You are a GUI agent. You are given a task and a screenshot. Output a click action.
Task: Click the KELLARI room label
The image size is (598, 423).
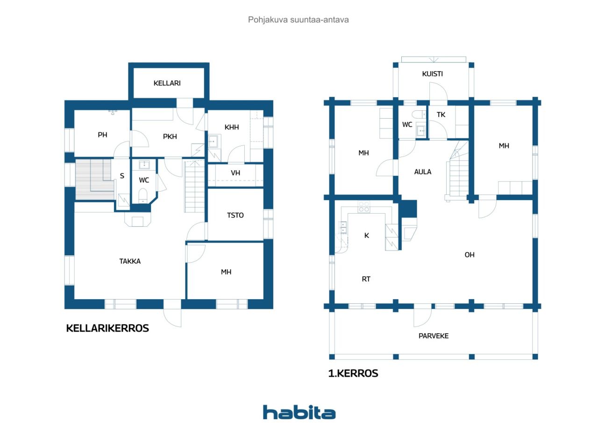[167, 83]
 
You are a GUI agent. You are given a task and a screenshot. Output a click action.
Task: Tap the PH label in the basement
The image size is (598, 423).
[102, 135]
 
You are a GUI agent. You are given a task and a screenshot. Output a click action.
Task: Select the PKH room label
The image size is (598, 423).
[170, 137]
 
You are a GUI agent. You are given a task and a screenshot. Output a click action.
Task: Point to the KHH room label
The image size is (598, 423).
[231, 128]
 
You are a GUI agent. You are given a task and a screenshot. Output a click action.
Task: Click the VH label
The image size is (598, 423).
[235, 173]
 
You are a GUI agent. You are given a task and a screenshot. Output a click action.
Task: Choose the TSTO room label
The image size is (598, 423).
[235, 215]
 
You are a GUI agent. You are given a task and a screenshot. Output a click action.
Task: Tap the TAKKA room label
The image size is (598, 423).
[130, 261]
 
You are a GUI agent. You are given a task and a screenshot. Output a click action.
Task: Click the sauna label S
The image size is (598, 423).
[122, 176]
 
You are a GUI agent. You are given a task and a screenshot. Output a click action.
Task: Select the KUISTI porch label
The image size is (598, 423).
[432, 74]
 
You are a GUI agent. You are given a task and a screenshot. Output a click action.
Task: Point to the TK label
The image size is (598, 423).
[441, 115]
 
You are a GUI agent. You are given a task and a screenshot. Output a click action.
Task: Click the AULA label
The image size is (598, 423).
[423, 172]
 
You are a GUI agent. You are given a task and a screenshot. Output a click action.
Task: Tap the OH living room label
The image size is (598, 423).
[470, 255]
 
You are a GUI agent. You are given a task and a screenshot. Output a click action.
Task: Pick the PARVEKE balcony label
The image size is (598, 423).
[433, 336]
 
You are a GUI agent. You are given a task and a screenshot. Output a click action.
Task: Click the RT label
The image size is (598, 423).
[366, 280]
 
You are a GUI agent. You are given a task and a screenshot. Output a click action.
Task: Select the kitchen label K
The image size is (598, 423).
[367, 236]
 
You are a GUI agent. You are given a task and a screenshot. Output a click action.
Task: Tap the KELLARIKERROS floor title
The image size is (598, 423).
[107, 329]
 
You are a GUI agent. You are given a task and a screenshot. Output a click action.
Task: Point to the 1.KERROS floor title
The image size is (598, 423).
[353, 373]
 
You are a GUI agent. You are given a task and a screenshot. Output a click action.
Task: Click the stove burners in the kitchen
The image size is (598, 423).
[364, 207]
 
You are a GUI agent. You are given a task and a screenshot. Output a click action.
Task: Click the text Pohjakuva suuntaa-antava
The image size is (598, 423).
[298, 20]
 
